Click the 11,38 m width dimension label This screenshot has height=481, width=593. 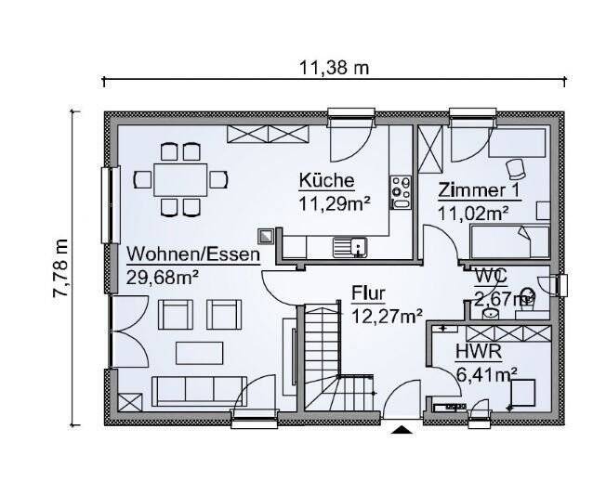[334, 68]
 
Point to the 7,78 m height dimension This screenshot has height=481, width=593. [61, 267]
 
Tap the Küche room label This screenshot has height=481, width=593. [325, 180]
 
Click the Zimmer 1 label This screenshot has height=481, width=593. [480, 191]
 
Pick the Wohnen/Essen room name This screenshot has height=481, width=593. [193, 253]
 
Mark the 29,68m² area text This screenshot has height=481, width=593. [164, 276]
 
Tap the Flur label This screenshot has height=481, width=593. [368, 293]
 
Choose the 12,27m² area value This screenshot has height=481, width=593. [387, 316]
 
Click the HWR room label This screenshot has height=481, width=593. [479, 352]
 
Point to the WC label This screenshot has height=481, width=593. [490, 276]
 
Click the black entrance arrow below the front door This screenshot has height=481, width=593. [402, 429]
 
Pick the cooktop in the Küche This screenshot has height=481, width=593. [401, 191]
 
